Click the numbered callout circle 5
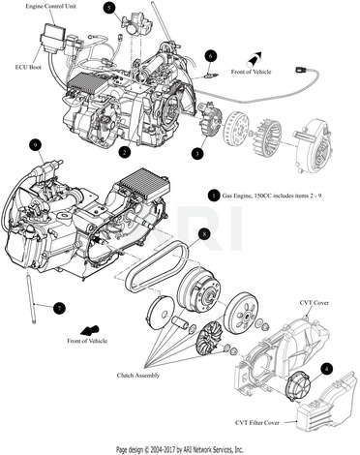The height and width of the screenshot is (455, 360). click(x=110, y=9)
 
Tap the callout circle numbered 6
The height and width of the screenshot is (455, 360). click(x=211, y=56)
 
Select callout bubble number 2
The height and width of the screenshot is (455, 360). click(x=125, y=152)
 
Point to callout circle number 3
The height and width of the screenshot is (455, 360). click(x=197, y=153)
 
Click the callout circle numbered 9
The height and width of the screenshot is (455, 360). click(x=35, y=145)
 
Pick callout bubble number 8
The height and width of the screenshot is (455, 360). click(x=204, y=234)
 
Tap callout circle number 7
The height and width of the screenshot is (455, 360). click(x=59, y=308)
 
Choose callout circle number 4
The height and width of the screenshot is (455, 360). click(x=327, y=369)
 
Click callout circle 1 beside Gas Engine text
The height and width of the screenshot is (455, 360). click(x=213, y=196)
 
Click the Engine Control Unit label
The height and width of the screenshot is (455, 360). click(x=51, y=6)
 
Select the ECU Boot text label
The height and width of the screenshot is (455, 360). click(x=28, y=67)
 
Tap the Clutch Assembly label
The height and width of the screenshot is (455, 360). click(x=138, y=376)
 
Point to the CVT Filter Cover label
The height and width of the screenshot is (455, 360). click(x=257, y=422)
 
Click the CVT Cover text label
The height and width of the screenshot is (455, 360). click(x=315, y=303)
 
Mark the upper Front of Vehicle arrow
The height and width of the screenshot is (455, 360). click(x=255, y=59)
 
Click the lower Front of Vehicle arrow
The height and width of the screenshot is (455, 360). click(x=89, y=330)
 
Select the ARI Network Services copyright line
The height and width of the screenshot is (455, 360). click(x=180, y=449)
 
